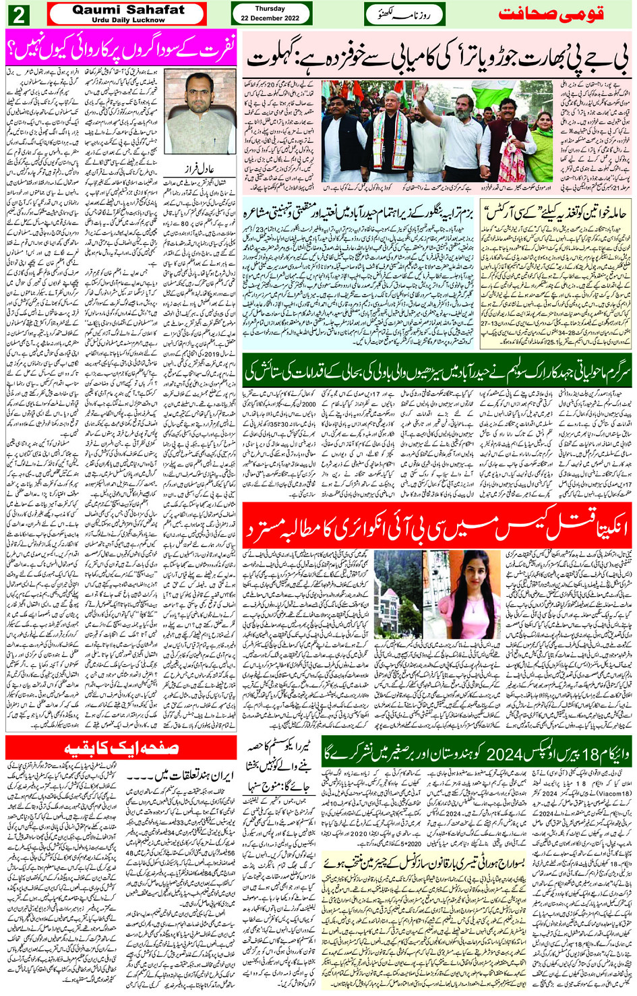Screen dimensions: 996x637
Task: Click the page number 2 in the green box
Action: point(18,14)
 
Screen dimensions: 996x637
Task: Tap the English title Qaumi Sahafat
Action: point(128,10)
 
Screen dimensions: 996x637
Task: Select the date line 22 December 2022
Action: point(270,18)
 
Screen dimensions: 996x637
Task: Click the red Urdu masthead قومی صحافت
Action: point(550,14)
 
